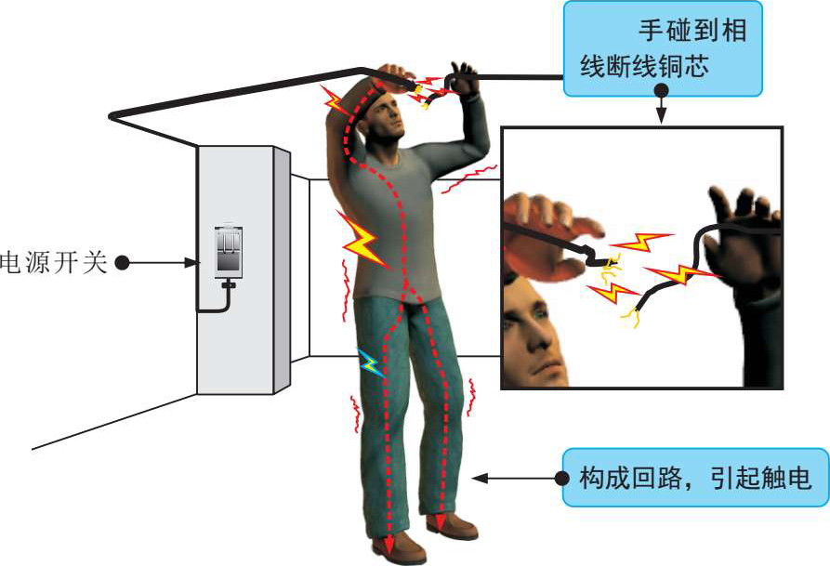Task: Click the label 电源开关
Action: [x=54, y=262]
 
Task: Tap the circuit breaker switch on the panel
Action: [x=227, y=252]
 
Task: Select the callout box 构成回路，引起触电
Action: [x=694, y=478]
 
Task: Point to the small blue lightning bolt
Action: [x=370, y=362]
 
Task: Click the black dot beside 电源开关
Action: [x=121, y=263]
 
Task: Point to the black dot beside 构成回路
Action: [x=561, y=478]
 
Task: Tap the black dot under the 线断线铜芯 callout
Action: [x=662, y=91]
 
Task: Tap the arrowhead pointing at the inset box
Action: [x=662, y=117]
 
